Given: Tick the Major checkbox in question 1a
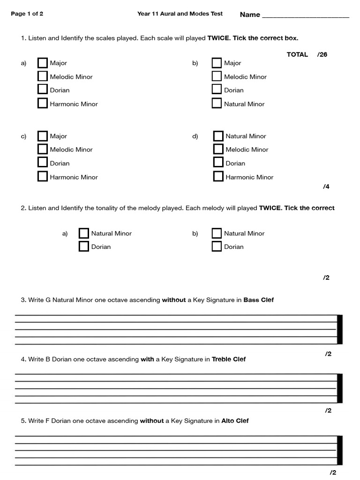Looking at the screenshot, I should (x=43, y=63).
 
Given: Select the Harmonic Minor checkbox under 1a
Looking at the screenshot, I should (x=43, y=104).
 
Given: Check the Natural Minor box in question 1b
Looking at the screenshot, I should (x=217, y=104).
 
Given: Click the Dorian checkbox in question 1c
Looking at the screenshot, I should (x=43, y=163).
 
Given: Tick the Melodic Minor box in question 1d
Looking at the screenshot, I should (x=218, y=149).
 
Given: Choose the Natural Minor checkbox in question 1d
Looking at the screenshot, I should (x=218, y=136).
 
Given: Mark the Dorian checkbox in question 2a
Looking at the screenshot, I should (x=84, y=247).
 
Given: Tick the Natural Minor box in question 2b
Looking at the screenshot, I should (x=217, y=233).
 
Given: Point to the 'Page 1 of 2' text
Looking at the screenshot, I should (x=27, y=14).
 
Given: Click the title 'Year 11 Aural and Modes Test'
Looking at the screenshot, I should (x=180, y=14).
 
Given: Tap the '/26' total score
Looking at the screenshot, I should (x=322, y=54).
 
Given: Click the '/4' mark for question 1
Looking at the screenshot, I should (x=326, y=187).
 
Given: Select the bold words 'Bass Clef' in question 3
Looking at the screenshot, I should (x=258, y=300).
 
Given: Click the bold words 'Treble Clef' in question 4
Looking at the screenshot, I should (x=229, y=360).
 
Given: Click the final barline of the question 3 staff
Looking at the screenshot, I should (x=340, y=330).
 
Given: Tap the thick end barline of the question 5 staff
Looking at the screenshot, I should (x=340, y=450).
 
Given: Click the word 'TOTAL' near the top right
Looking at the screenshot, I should (x=297, y=54).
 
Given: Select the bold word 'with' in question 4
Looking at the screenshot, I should (x=147, y=360).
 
